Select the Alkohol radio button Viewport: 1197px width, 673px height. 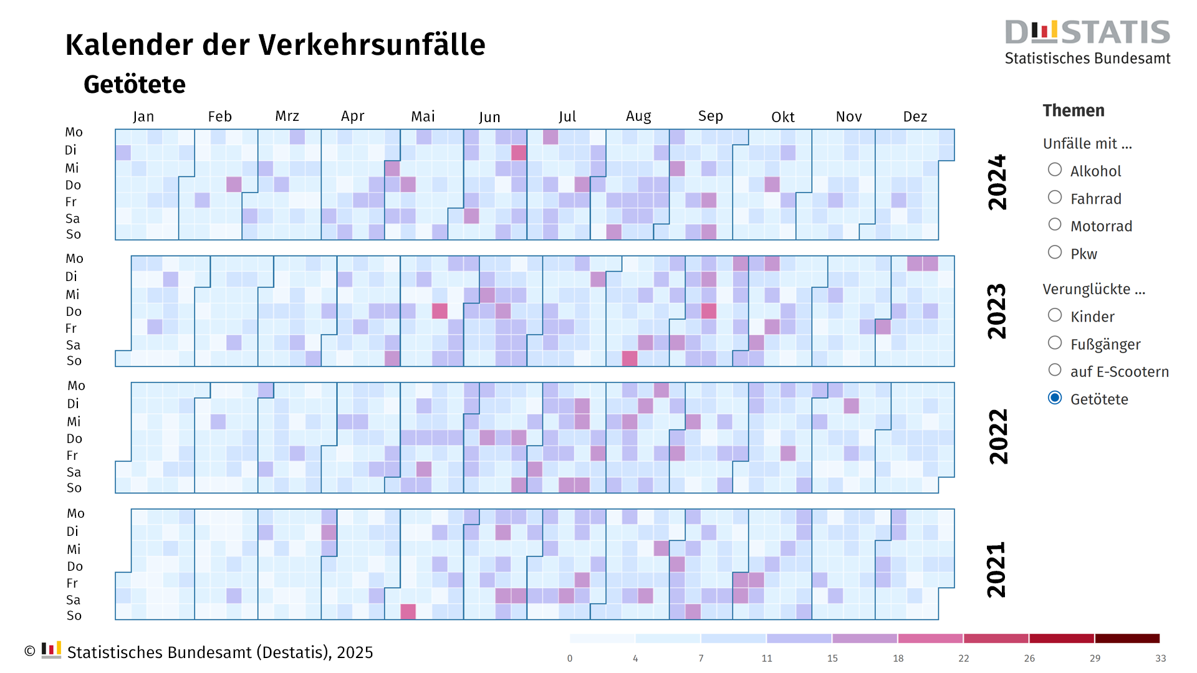click(x=1055, y=170)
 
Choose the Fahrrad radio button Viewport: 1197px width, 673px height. click(x=1055, y=198)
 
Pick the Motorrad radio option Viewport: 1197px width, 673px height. click(x=1055, y=225)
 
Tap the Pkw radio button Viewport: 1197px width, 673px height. click(x=1055, y=252)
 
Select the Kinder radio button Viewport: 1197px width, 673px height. click(x=1055, y=315)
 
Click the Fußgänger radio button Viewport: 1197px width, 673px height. click(x=1055, y=343)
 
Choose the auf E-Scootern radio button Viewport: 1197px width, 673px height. click(x=1055, y=370)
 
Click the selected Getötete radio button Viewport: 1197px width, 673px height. click(x=1055, y=398)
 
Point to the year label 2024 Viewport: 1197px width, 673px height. click(x=997, y=182)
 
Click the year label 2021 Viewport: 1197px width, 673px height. click(x=997, y=570)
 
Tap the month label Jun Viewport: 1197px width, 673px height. click(x=489, y=117)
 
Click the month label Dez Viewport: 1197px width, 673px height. click(x=915, y=117)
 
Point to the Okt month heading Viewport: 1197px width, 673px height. click(x=782, y=117)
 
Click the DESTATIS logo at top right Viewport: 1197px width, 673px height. click(x=1087, y=41)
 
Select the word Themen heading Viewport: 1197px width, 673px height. click(x=1073, y=110)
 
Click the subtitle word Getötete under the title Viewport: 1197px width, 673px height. click(x=135, y=84)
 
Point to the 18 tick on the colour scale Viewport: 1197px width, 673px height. click(x=898, y=658)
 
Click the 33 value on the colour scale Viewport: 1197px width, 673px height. click(x=1160, y=658)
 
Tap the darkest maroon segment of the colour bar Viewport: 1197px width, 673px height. click(x=1127, y=638)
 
